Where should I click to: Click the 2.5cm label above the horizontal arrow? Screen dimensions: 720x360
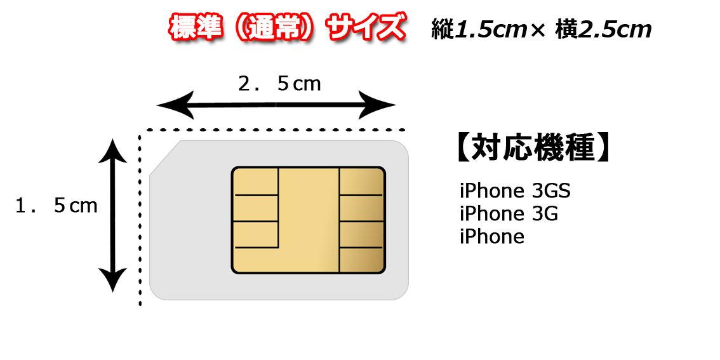[279, 84]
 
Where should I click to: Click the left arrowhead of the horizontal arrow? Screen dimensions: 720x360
[175, 105]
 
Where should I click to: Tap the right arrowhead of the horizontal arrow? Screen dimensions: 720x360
[377, 105]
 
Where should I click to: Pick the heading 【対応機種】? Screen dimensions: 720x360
[533, 148]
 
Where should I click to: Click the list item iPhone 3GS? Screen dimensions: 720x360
[515, 190]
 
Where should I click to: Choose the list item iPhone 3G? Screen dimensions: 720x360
[509, 213]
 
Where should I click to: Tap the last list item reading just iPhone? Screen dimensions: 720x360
[492, 237]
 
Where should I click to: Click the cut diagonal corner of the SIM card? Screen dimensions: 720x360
[165, 158]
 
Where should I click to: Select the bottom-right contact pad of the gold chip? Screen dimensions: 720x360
[361, 260]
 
